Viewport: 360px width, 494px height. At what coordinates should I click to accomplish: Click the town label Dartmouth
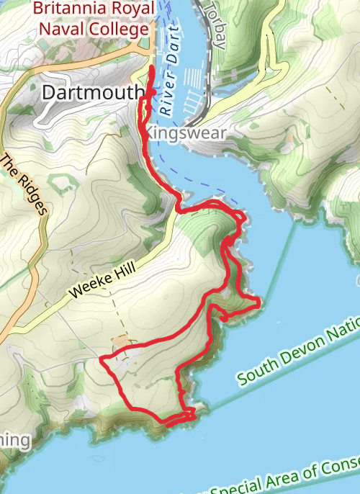(93, 92)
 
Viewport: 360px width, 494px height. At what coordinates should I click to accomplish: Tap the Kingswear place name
(188, 134)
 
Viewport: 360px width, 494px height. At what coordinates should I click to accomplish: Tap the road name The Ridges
(24, 184)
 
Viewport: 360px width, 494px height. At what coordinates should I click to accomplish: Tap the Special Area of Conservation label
(302, 472)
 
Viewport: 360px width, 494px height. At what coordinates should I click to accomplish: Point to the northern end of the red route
(151, 68)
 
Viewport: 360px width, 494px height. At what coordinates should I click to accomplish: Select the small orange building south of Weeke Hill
(122, 338)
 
